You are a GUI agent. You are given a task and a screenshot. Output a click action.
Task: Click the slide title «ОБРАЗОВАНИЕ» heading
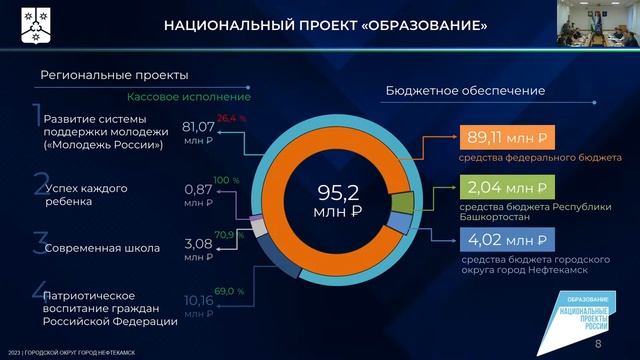pyautogui.click(x=326, y=23)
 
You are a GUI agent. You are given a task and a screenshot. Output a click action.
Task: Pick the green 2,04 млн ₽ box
pyautogui.click(x=504, y=188)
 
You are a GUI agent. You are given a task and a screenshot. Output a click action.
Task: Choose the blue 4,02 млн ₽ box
pyautogui.click(x=504, y=240)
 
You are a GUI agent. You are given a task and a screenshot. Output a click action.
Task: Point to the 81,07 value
pyautogui.click(x=201, y=127)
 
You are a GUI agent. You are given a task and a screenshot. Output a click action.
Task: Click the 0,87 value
pyautogui.click(x=201, y=189)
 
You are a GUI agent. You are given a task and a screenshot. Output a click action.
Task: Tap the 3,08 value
pyautogui.click(x=201, y=242)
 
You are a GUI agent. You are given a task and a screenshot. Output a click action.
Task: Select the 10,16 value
pyautogui.click(x=201, y=300)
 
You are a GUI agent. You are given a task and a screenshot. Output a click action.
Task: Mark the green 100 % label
pyautogui.click(x=227, y=180)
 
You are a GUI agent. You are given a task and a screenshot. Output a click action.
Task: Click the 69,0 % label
pyautogui.click(x=230, y=291)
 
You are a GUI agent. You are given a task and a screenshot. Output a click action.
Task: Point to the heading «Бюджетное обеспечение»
pyautogui.click(x=465, y=91)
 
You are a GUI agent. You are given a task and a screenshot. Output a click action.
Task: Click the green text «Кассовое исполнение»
pyautogui.click(x=188, y=97)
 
